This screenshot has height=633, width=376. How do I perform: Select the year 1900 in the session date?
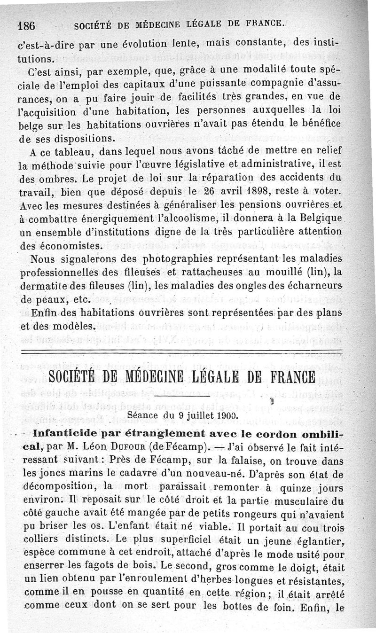(227, 415)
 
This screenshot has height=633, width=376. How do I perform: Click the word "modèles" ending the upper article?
(70, 326)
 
